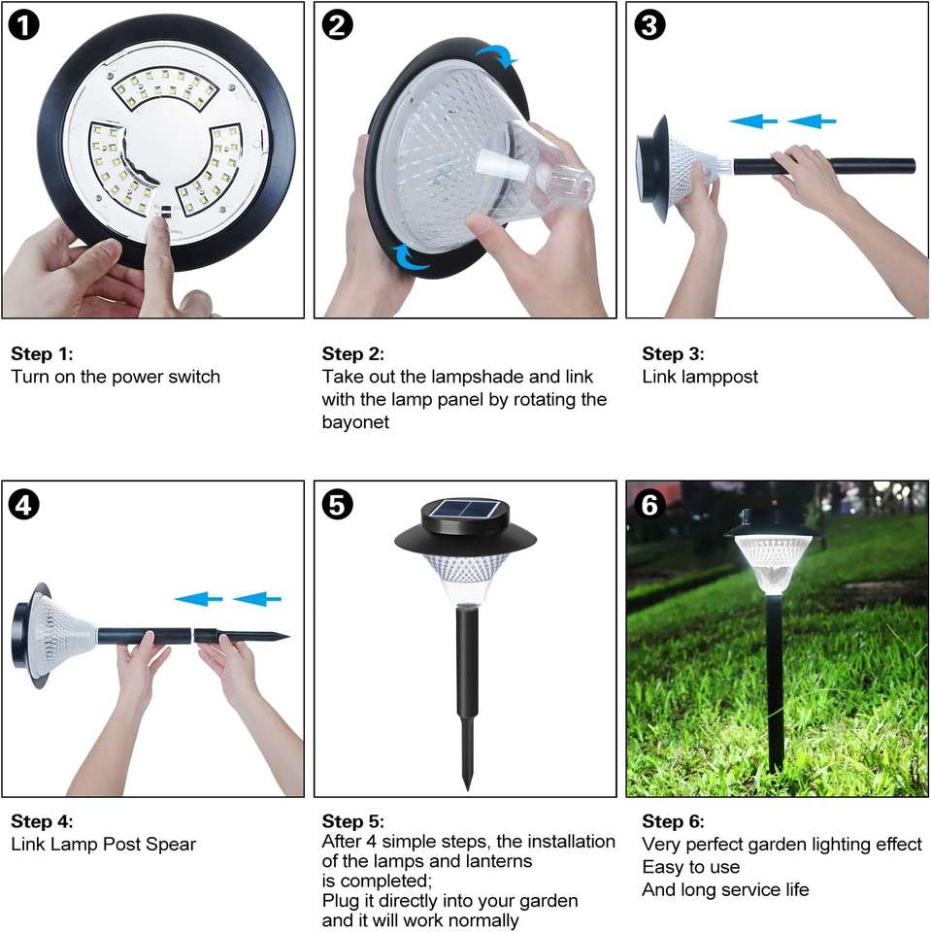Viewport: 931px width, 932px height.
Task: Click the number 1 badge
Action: click(23, 25)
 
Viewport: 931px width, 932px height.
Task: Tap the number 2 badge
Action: click(337, 25)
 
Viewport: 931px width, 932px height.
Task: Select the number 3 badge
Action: click(649, 25)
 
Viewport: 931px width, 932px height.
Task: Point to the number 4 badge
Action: click(23, 505)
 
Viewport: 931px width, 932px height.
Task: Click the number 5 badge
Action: click(337, 505)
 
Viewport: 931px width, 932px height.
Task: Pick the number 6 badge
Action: click(649, 505)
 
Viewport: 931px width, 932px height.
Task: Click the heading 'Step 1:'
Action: click(42, 353)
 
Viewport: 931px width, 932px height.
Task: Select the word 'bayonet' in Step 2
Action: click(355, 422)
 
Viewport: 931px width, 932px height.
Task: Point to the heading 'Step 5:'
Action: click(353, 821)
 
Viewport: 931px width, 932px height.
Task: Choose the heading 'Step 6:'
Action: click(673, 821)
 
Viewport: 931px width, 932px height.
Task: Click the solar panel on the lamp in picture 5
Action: click(465, 510)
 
